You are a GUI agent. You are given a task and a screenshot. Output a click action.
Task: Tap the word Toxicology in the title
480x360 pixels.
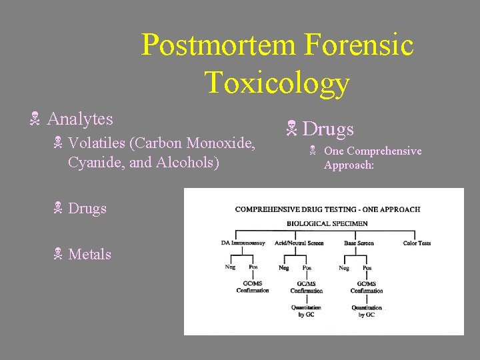[x=277, y=82]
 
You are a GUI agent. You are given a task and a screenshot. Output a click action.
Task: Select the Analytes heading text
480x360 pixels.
[x=80, y=119]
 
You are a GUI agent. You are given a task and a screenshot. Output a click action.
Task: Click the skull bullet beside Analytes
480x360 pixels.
[x=35, y=121]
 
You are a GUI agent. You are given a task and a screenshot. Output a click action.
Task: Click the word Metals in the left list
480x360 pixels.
[x=89, y=254]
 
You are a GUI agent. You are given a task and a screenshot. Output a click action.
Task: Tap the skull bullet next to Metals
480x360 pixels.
[x=58, y=255]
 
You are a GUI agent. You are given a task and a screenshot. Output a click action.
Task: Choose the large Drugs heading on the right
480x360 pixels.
[x=329, y=129]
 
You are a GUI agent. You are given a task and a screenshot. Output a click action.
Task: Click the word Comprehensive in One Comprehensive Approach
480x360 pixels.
[x=384, y=151]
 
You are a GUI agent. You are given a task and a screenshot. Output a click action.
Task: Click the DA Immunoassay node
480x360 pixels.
[x=244, y=243]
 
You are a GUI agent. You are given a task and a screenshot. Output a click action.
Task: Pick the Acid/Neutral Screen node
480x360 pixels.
[x=299, y=243]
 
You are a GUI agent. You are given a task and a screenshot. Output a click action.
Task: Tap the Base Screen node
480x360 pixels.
[x=359, y=243]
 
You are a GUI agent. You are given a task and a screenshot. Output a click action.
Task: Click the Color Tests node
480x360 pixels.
[x=417, y=243]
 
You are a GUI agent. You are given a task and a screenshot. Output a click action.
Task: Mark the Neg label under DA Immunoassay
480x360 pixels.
[x=230, y=267]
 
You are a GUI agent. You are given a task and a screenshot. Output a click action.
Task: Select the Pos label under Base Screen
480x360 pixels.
[x=367, y=267]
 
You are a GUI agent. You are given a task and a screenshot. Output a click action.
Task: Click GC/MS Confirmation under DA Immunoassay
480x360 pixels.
[x=253, y=287]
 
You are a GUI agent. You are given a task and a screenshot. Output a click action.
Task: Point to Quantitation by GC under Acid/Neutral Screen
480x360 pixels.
[x=306, y=311]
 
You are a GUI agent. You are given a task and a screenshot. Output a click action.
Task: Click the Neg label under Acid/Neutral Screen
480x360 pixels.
[x=284, y=267]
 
